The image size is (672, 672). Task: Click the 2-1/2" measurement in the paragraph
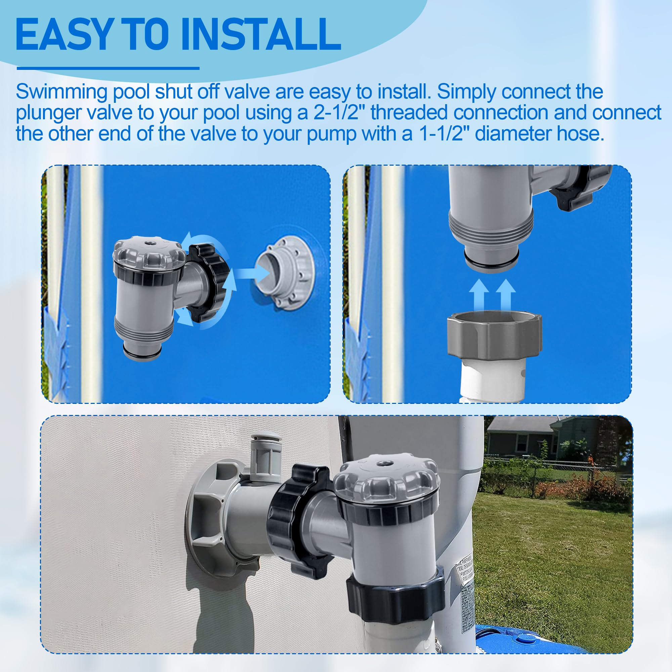tap(336, 113)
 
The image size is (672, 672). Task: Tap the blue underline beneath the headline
tap(108, 69)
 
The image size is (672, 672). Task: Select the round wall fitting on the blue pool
tap(285, 271)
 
